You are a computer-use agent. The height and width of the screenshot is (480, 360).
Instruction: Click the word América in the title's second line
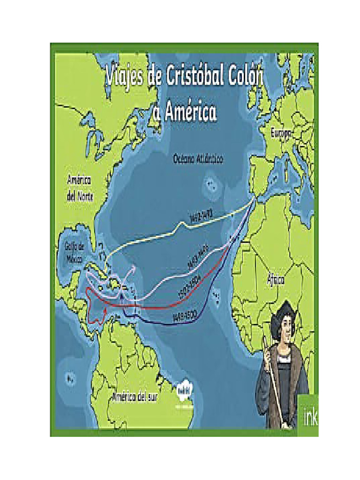[x=189, y=112]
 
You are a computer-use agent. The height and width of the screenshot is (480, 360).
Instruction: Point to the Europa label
[x=281, y=134]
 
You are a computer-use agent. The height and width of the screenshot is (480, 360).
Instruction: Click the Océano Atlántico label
[x=198, y=159]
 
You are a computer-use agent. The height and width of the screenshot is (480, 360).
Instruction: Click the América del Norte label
[x=79, y=188]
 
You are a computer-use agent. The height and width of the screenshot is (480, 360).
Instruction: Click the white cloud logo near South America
[x=186, y=390]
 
